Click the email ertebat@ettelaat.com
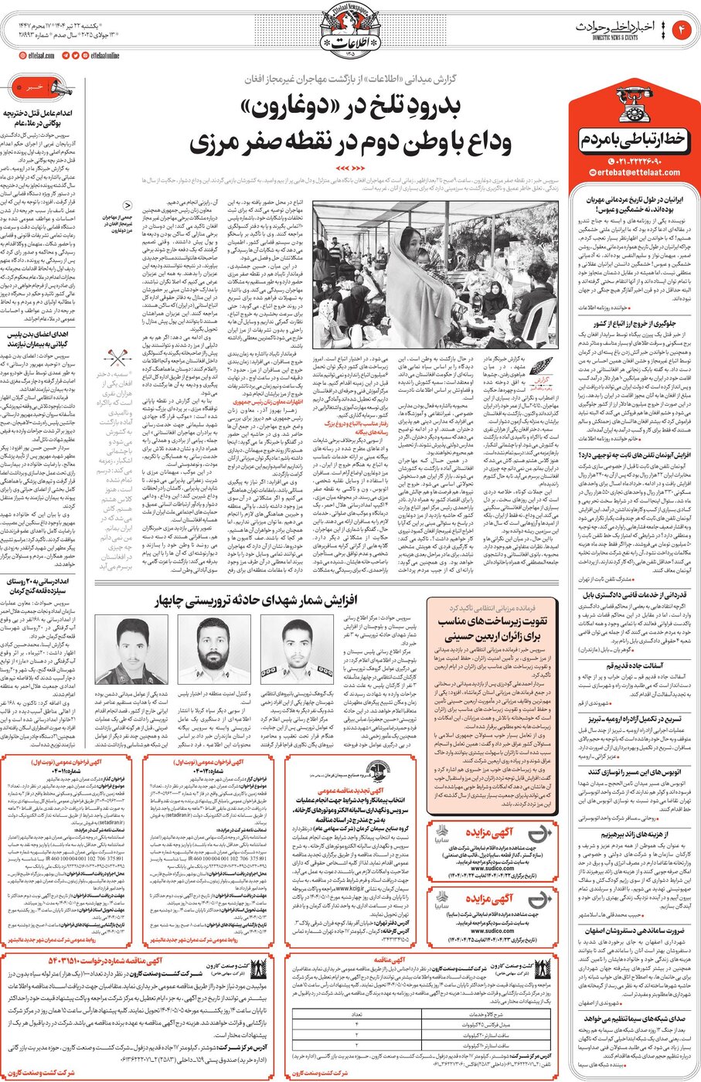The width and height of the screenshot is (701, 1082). tap(635, 172)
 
